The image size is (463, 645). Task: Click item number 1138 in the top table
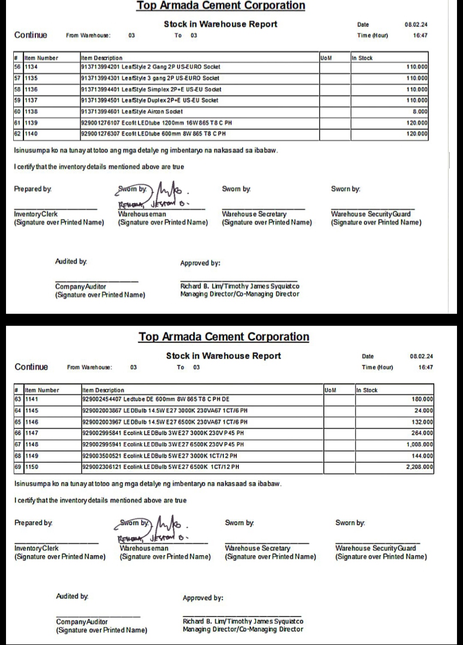pos(31,112)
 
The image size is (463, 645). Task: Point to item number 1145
pos(32,410)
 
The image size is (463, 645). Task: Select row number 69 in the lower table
pos(18,467)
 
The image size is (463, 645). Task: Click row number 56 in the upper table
pos(18,67)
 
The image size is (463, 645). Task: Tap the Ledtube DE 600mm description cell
pos(156,399)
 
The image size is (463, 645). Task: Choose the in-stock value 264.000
pos(422,433)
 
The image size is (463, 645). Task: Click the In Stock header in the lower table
pos(367,390)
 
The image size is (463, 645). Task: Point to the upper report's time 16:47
pos(420,36)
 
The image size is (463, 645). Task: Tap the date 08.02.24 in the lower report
pos(421,356)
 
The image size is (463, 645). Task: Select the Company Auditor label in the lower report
pos(82,621)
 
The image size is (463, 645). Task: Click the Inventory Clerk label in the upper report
pos(36,214)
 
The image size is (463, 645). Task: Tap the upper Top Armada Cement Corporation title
pos(221,6)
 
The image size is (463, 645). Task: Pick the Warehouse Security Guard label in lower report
pos(376,548)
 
